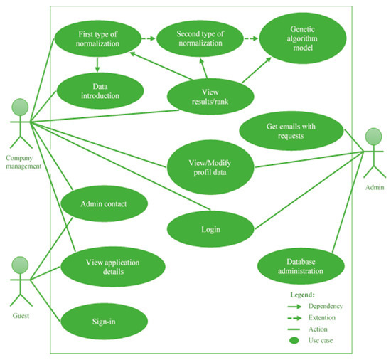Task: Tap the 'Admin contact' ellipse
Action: (104, 204)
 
